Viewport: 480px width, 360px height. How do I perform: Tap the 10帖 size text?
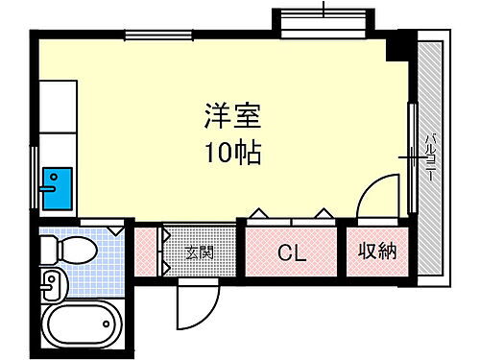pyautogui.click(x=231, y=153)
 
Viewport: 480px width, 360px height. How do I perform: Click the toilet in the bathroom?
pyautogui.click(x=69, y=252)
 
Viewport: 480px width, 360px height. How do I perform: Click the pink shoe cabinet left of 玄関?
pyautogui.click(x=146, y=252)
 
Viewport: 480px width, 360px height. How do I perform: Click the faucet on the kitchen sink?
pyautogui.click(x=45, y=190)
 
